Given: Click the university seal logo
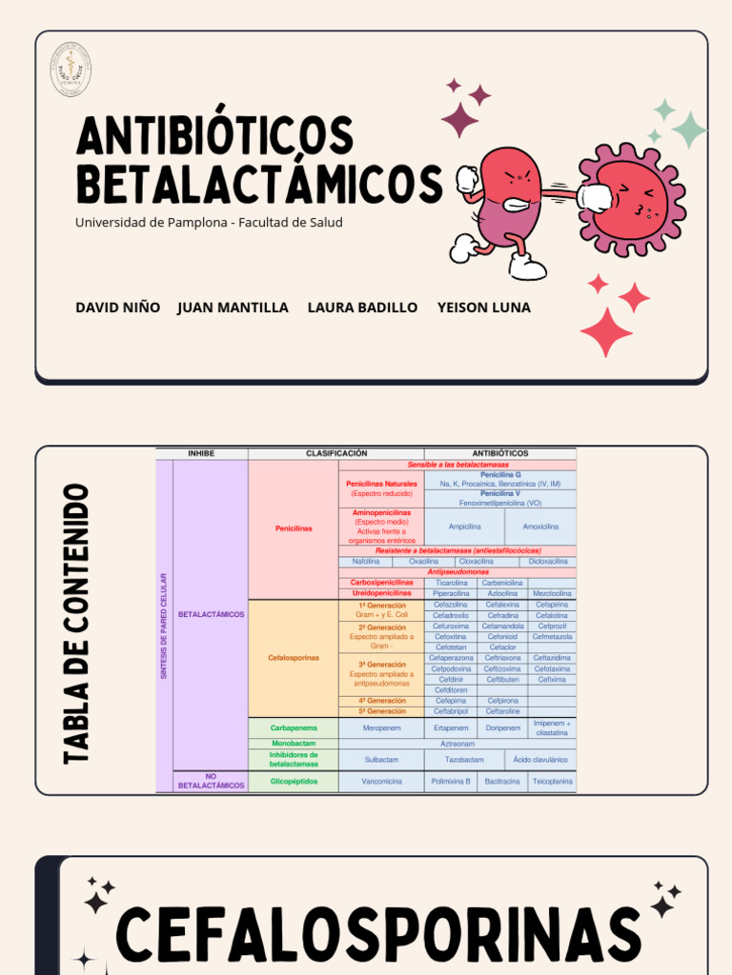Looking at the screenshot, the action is click(x=71, y=69).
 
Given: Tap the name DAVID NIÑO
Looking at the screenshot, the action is click(x=118, y=308).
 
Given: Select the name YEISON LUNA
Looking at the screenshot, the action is click(x=483, y=308).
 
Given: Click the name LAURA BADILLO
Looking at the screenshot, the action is click(x=362, y=308).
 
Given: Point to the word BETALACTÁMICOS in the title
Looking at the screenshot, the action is click(x=259, y=185).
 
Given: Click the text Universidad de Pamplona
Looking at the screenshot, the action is click(x=152, y=223).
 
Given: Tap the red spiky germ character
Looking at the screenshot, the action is click(x=632, y=199).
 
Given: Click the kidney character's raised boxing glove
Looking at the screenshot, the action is click(x=468, y=180).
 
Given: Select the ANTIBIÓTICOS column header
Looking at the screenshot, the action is click(x=499, y=453).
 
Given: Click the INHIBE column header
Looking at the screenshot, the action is click(x=201, y=453).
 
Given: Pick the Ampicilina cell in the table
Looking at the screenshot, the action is click(x=464, y=526).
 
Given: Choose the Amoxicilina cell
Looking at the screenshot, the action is click(x=540, y=526).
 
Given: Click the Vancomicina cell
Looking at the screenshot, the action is click(x=381, y=781).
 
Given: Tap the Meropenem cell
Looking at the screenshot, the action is click(x=382, y=727).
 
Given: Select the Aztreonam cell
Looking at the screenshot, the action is click(x=457, y=744).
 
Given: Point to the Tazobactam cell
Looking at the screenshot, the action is click(x=464, y=760).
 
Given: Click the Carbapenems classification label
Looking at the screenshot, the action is click(x=294, y=727).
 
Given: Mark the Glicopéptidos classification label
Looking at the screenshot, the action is click(x=294, y=781).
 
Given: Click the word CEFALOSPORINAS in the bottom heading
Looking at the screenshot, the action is click(x=378, y=934).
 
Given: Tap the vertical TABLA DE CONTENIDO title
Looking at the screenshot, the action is click(x=75, y=624).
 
